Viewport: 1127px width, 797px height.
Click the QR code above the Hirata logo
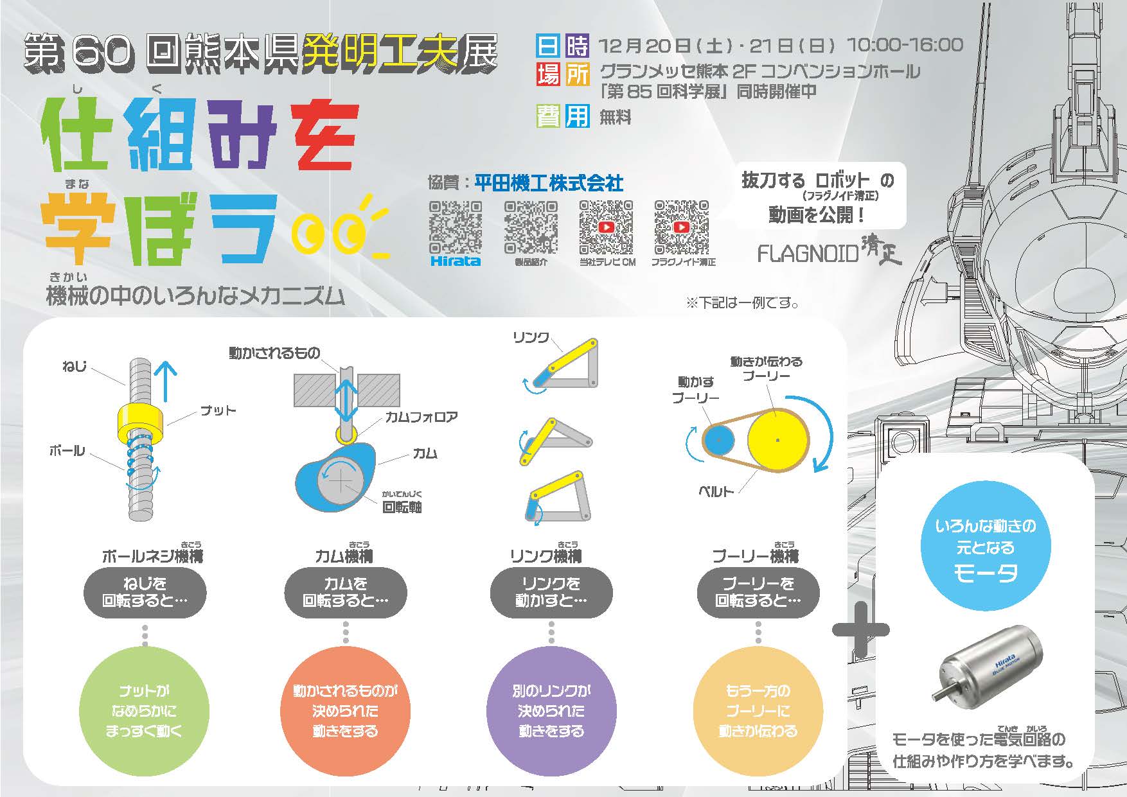(x=455, y=227)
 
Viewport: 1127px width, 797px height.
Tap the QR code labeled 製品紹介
(x=530, y=227)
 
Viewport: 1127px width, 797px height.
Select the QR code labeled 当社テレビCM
(x=606, y=227)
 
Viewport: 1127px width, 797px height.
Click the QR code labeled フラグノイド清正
(x=681, y=227)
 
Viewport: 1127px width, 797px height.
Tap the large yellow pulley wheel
(x=777, y=440)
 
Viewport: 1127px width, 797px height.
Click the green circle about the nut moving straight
(x=144, y=711)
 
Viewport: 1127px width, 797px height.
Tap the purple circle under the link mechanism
(x=551, y=711)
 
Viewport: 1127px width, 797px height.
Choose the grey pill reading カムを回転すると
(x=346, y=592)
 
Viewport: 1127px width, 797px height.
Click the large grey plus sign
(x=861, y=629)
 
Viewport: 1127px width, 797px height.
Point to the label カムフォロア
(x=422, y=417)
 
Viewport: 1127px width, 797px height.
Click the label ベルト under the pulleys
(x=716, y=492)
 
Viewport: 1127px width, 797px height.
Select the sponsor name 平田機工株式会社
(x=549, y=184)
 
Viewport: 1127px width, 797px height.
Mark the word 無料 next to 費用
(x=616, y=118)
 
